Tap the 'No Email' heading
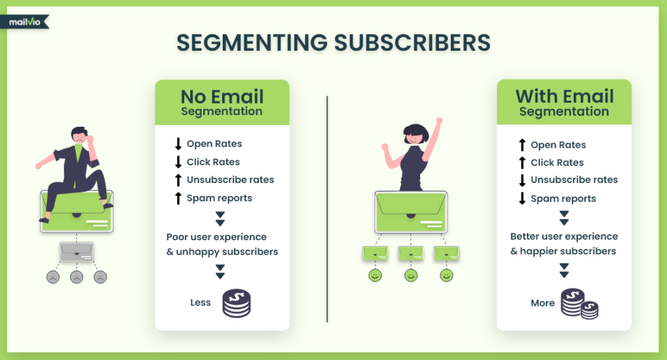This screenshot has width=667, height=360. pos(222,97)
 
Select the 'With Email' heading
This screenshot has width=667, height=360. pos(564,97)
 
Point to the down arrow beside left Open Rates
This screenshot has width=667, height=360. pos(178,144)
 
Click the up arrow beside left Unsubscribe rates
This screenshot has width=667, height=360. pos(178,180)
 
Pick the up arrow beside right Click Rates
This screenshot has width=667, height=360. pos(522,163)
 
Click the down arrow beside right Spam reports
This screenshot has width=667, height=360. pos(522,199)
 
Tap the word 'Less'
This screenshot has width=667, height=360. pos(201,302)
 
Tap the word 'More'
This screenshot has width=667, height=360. pos(543,303)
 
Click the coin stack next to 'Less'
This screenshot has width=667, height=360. pos(236,303)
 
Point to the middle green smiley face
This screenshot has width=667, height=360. pos(410,276)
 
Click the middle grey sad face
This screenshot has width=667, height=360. pos(76,277)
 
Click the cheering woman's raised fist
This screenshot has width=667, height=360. pos(439,121)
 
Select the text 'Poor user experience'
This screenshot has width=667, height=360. pos(216,237)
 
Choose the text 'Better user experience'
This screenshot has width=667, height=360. pos(564,236)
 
